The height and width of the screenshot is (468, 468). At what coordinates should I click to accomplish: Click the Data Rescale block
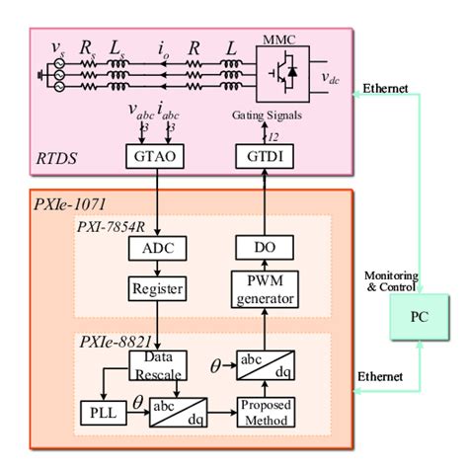coord(152,363)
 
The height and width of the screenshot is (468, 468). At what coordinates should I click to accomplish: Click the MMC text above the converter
coord(278,38)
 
